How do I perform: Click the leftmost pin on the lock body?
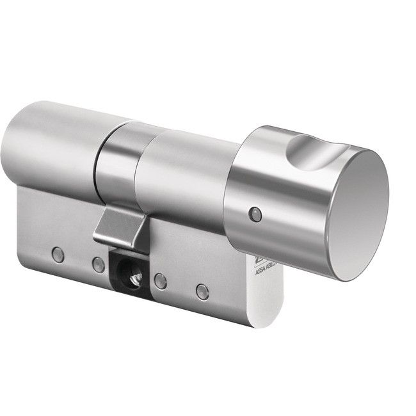point(58,254)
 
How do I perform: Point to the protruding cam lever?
point(122,227)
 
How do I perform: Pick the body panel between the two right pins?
point(182,275)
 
